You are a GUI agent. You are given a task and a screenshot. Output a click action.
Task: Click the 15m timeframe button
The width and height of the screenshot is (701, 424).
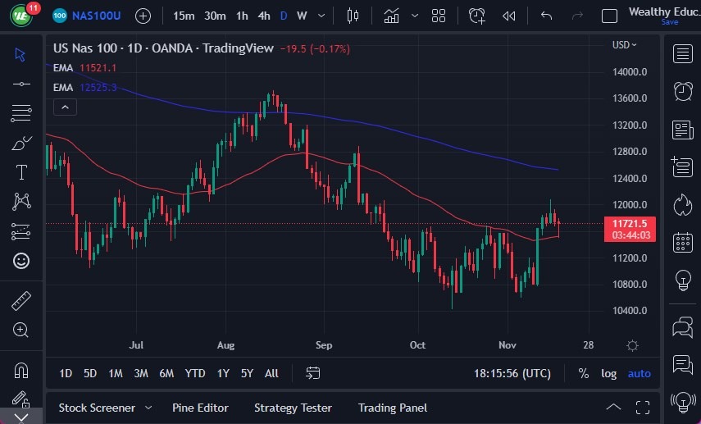(x=184, y=16)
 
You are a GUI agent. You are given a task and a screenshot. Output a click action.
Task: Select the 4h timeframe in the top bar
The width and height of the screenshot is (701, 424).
(x=263, y=16)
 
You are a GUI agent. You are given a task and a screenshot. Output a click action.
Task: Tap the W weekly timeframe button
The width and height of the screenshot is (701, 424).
(x=302, y=16)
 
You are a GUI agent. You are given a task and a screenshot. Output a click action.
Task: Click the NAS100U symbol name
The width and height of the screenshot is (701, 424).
(x=97, y=16)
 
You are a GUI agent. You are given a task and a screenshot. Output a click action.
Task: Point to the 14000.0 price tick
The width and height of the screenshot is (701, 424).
(x=630, y=72)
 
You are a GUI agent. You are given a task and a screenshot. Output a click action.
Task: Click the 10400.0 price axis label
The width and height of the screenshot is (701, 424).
(x=630, y=311)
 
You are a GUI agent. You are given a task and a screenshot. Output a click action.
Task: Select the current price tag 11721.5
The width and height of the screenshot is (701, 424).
(x=629, y=223)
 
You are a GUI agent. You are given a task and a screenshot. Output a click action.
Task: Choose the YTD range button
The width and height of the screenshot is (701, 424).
(x=194, y=373)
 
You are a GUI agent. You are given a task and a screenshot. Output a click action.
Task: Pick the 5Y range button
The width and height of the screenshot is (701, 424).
(x=247, y=373)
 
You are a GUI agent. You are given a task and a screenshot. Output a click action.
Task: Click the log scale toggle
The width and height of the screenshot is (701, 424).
(x=608, y=373)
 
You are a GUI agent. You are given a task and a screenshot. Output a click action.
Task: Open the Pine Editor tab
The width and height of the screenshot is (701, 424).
(x=200, y=408)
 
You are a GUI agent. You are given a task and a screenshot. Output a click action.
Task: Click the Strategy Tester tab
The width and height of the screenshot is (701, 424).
(x=293, y=408)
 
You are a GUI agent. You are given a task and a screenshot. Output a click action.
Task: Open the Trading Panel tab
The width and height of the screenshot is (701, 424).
(x=392, y=408)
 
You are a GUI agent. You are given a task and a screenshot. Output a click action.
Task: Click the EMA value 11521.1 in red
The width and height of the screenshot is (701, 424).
(x=98, y=68)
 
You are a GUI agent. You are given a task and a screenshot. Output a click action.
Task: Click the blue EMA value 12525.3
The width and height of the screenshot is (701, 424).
(x=98, y=87)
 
